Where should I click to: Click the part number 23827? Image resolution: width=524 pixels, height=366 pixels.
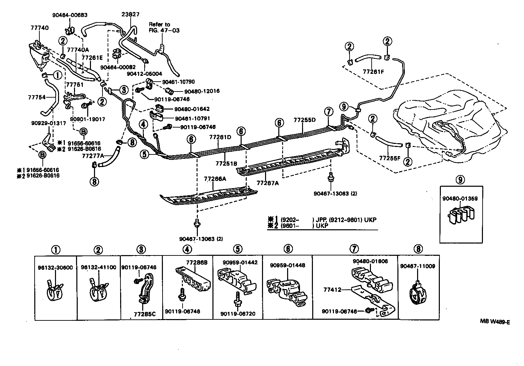[130, 14]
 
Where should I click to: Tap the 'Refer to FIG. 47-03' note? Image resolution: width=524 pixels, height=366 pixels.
[164, 27]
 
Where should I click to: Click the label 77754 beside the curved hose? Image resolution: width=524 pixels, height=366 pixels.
[36, 97]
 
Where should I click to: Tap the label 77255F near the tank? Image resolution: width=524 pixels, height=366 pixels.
[390, 158]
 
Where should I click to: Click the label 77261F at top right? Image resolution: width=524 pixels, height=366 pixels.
[373, 72]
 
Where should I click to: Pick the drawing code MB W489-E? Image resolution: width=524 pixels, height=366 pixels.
[494, 322]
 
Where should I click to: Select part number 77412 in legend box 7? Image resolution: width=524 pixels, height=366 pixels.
[332, 290]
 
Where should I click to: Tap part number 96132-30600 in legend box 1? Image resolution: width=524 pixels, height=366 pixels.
[55, 267]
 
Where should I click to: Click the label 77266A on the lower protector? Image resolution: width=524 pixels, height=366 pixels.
[215, 178]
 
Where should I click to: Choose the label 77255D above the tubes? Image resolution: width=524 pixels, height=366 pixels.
[304, 120]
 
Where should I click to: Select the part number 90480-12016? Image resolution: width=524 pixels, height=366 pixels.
[202, 91]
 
